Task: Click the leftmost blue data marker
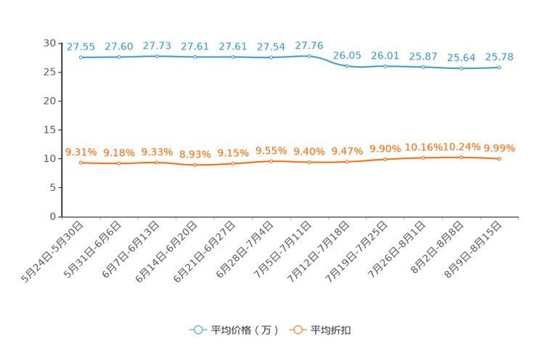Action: coord(81,57)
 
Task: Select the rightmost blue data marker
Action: coord(499,67)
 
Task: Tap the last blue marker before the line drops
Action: coord(309,56)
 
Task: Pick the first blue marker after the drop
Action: coord(348,66)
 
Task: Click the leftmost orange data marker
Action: coord(81,163)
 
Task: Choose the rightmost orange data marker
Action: coord(499,158)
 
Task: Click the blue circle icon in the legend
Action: coord(197,330)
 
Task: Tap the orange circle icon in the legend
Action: coord(296,330)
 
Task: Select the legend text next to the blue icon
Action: coord(244,330)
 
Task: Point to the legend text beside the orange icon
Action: coord(331,330)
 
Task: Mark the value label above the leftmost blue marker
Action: coord(81,46)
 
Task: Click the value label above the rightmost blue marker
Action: coord(500,57)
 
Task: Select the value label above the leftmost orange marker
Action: coord(81,152)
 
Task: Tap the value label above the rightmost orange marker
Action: coord(499,148)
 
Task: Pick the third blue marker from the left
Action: coord(157,56)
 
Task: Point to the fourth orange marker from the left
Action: coord(195,165)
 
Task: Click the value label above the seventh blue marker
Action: coord(309,46)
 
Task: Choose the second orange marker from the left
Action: coord(119,163)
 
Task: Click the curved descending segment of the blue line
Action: coord(329,62)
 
